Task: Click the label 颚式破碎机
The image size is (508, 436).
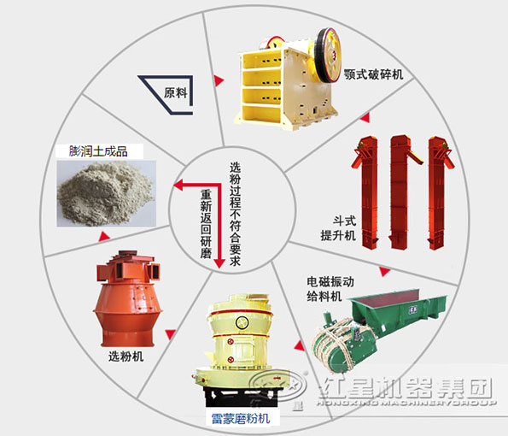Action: (x=373, y=75)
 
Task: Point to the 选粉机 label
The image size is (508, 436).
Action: (x=126, y=356)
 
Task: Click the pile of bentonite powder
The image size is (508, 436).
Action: (x=104, y=190)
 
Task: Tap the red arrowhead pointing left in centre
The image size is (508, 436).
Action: (x=177, y=183)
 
